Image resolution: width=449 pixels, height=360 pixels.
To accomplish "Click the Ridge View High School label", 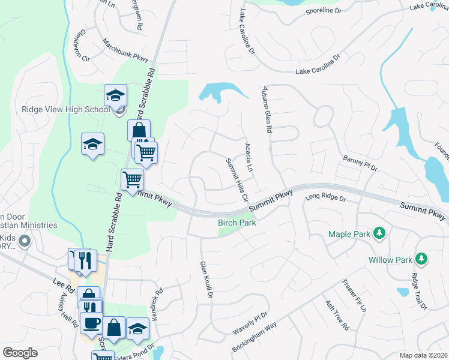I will (x=65, y=109).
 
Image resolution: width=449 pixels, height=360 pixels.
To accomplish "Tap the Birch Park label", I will (x=237, y=223).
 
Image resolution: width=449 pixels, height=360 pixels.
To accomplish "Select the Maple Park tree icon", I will (x=379, y=232).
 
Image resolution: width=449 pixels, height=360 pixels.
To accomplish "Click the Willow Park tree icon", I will (x=422, y=259).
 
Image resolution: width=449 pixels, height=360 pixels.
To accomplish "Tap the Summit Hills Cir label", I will (x=237, y=179).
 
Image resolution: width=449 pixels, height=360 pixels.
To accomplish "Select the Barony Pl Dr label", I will (x=360, y=163).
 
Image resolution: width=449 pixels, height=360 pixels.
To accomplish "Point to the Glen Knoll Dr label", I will (x=206, y=280).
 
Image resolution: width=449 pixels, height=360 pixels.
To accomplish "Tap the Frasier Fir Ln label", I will (x=354, y=296).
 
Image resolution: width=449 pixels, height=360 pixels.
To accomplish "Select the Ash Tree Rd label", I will (x=336, y=316).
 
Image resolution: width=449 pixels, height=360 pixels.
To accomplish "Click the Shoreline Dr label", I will (x=323, y=11).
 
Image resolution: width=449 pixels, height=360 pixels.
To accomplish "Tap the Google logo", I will (x=20, y=353).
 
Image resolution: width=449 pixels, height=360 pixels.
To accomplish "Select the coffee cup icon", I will (x=92, y=323).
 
